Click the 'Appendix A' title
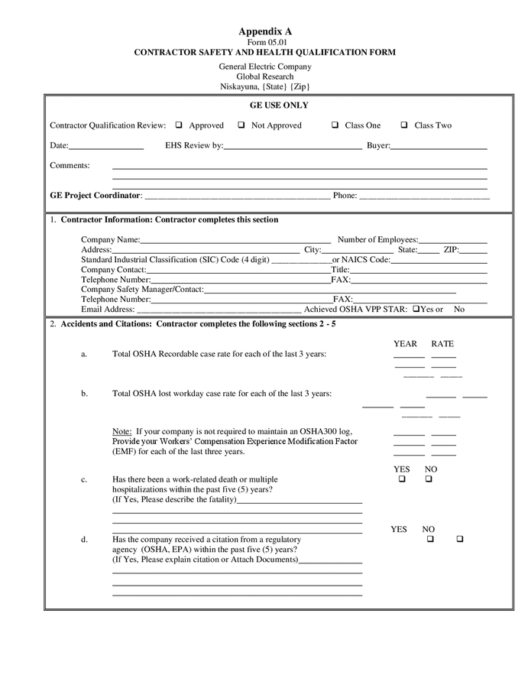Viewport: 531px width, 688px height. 265,31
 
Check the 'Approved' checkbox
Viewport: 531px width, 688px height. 179,125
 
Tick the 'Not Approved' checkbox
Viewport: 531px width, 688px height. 241,125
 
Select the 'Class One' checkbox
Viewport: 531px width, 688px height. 335,125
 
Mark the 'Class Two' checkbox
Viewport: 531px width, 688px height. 403,125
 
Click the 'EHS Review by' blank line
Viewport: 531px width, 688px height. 293,145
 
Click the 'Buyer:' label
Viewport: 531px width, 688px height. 378,145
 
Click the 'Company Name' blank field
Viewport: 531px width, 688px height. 235,240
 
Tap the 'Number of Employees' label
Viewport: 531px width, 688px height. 377,240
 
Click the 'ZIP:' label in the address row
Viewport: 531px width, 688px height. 451,250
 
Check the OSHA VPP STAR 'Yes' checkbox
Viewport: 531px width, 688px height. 416,310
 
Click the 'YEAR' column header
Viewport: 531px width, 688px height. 405,344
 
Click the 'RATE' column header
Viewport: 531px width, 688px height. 442,344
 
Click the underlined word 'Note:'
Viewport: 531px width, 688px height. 122,432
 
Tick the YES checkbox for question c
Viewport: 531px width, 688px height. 401,479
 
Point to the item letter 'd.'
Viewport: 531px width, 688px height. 84,540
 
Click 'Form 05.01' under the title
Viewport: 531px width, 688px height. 265,42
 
